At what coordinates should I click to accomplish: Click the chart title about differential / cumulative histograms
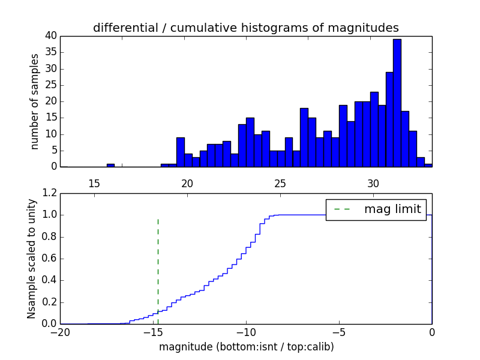pos(246,28)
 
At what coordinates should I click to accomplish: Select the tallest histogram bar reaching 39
pos(397,102)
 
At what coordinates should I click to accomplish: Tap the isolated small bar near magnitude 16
pos(110,165)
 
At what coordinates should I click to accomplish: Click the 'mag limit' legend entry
pos(376,209)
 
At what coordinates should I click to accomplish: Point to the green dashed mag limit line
pos(158,264)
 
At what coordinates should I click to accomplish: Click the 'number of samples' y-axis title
pos(35,101)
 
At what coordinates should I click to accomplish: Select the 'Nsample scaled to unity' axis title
pos(32,259)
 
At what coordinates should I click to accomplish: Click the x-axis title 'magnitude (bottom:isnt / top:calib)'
pos(246,347)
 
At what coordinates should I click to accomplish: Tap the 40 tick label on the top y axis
pos(51,36)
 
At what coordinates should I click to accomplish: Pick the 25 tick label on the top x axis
pos(280,182)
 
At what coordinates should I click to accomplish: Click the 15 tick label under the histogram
pos(94,182)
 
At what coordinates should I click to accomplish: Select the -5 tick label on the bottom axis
pos(339,332)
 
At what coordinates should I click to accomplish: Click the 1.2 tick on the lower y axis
pos(49,193)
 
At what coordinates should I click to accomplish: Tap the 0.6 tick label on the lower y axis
pos(49,259)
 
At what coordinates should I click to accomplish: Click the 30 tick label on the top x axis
pos(373,182)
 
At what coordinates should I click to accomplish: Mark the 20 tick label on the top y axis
pos(51,101)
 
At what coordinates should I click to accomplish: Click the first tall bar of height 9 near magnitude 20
pos(181,152)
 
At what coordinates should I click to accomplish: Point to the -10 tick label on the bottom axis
pos(246,332)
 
